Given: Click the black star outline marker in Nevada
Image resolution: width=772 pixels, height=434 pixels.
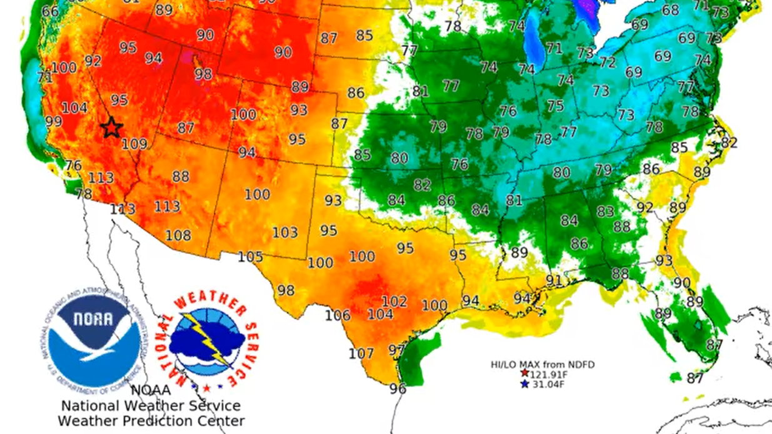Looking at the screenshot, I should [111, 128].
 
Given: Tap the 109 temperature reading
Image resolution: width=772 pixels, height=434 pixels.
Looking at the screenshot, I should [134, 144].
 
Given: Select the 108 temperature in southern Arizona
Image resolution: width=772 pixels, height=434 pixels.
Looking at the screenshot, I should [178, 236].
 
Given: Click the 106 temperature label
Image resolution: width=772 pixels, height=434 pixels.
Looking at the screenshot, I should [338, 315].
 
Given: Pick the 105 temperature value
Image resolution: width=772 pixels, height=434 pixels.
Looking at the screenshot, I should [250, 257].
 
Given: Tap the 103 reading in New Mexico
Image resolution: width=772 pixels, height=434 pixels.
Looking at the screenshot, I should [285, 233].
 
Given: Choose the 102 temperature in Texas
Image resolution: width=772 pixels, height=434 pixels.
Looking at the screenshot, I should [394, 301].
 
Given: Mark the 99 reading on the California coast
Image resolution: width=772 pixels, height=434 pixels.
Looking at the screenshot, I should [53, 121].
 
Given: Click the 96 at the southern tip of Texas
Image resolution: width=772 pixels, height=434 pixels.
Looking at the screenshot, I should [398, 389].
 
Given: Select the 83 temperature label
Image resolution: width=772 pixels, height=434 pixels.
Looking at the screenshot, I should [605, 212].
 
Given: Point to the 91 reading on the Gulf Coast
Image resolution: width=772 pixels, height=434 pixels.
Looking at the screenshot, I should [554, 280].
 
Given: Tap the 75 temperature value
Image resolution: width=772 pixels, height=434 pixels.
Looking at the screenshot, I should [555, 106].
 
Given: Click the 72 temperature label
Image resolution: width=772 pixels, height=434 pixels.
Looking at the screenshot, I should [607, 63].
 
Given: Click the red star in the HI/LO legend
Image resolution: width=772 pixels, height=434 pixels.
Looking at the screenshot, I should [524, 373].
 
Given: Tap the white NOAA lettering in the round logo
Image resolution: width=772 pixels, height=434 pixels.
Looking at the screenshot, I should [93, 320].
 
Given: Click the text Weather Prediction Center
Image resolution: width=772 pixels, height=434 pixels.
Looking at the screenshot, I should [151, 421].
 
